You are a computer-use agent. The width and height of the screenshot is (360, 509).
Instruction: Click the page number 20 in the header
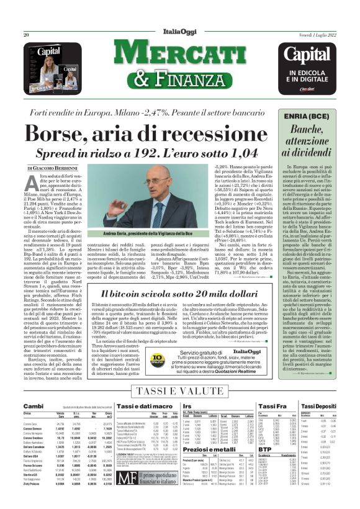27,35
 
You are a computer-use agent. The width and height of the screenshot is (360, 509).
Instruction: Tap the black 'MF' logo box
127,479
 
